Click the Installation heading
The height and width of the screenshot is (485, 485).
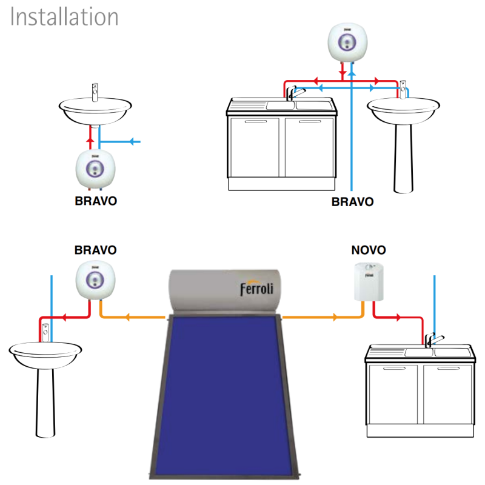coord(64,17)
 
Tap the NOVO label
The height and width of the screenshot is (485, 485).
coord(369,250)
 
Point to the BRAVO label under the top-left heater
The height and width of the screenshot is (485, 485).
coord(96,201)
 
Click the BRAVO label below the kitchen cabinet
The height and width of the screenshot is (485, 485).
coord(352,202)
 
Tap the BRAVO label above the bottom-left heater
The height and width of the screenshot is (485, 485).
coord(95,250)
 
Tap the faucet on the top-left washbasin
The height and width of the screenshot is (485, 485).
coord(94,93)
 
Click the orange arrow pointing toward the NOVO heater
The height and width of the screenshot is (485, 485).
coord(334,317)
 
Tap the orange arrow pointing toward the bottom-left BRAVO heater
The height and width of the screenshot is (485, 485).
coord(129,317)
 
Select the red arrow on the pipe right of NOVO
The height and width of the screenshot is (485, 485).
coord(398,317)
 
